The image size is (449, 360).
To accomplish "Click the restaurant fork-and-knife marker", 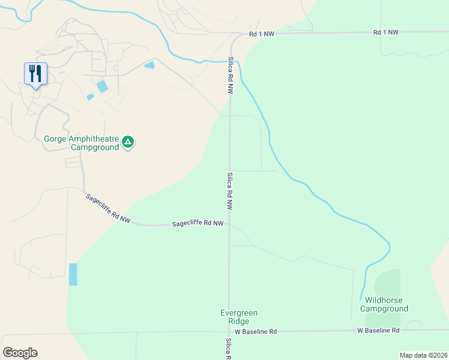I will point(35,74).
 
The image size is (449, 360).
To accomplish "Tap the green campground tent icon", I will point(128,142).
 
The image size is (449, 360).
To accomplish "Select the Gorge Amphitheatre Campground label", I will point(82,143).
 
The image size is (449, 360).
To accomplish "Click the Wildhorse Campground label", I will point(384,304).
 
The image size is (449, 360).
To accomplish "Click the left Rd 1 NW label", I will point(262,34).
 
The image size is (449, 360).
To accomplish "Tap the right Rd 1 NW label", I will point(385,32).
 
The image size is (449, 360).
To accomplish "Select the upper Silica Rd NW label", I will point(230,76).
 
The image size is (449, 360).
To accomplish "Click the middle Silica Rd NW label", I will point(230,191).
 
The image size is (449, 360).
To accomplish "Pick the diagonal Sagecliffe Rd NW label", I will point(108,208).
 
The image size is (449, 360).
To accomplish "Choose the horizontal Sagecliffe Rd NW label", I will point(197,224).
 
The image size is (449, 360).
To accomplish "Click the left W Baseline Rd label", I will point(256,331).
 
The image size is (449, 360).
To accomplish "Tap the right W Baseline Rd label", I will point(378,331).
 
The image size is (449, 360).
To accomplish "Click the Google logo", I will point(20,353).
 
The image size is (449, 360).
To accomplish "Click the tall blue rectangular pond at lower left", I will point(73,274).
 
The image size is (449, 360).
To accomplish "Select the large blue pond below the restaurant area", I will point(102,86).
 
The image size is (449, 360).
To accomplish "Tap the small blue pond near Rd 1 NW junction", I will point(149,65).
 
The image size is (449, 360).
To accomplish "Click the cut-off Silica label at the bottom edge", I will point(229,349).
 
